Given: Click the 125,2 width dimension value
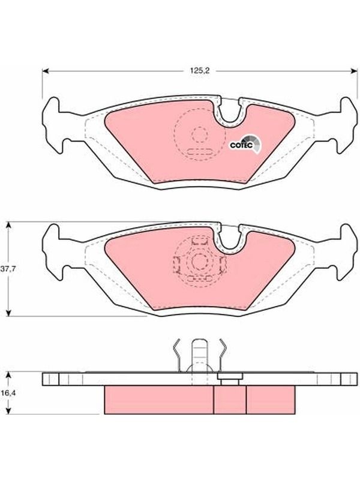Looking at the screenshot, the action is (x=200, y=71).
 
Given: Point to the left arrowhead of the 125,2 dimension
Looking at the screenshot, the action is (x=46, y=71).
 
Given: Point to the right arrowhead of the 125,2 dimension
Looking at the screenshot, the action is (x=354, y=71).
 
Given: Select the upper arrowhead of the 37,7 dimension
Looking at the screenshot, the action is (x=9, y=226).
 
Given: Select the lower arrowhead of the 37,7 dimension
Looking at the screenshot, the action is (x=9, y=313).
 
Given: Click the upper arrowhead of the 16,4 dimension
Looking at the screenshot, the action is (x=9, y=376).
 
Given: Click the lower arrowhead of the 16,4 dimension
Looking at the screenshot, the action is (x=9, y=411).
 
